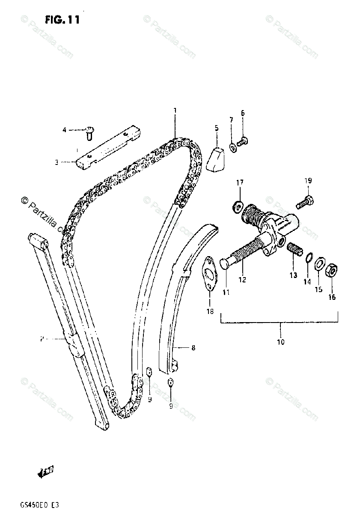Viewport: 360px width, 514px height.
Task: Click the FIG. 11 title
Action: (x=61, y=20)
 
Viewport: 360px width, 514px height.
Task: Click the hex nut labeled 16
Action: (x=331, y=271)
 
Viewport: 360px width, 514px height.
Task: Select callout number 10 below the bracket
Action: (x=281, y=342)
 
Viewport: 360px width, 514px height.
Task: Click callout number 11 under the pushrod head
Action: (x=226, y=292)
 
